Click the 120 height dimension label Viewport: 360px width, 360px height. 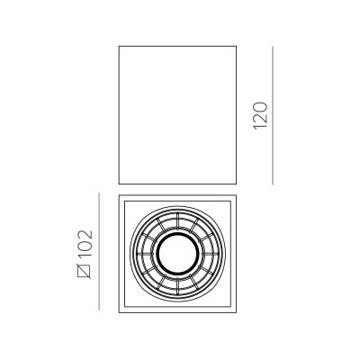pyautogui.click(x=260, y=116)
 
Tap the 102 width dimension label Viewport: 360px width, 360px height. pyautogui.click(x=85, y=244)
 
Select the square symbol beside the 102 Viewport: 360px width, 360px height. pyautogui.click(x=84, y=271)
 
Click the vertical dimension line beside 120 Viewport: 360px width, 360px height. pyautogui.click(x=273, y=115)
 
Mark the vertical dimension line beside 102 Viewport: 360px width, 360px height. pyautogui.click(x=99, y=251)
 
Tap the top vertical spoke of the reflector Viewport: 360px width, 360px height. pyautogui.click(x=178, y=222)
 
